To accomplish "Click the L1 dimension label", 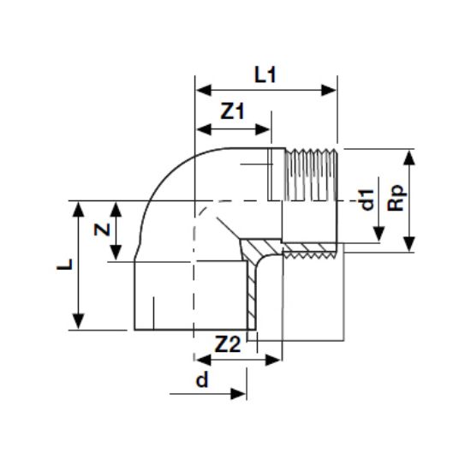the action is pyautogui.click(x=265, y=75).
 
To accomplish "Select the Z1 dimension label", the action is pyautogui.click(x=232, y=111).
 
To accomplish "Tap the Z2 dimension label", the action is pyautogui.click(x=228, y=344).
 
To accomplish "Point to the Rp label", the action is pyautogui.click(x=396, y=198).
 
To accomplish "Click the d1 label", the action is pyautogui.click(x=367, y=200).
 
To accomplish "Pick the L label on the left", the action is pyautogui.click(x=64, y=265).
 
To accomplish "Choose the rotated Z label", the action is pyautogui.click(x=102, y=230).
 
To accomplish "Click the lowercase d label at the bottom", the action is pyautogui.click(x=202, y=379).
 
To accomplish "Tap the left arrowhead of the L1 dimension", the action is pyautogui.click(x=203, y=90).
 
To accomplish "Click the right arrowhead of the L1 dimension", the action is pyautogui.click(x=328, y=90).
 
